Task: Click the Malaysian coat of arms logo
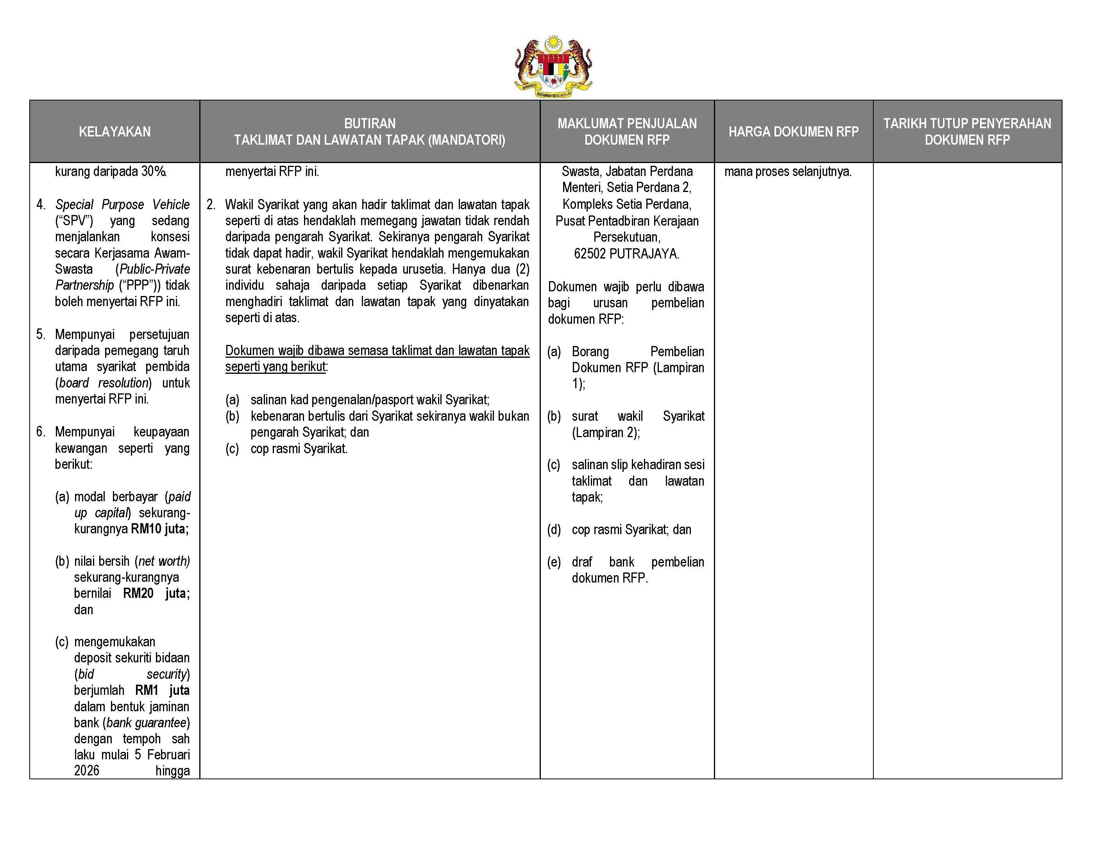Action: pyautogui.click(x=553, y=66)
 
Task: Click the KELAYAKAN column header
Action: pyautogui.click(x=115, y=131)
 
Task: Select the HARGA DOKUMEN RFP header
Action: pyautogui.click(x=793, y=131)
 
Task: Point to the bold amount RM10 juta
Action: pyautogui.click(x=159, y=529)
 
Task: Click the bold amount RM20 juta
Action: pyautogui.click(x=156, y=593)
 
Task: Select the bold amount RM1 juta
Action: pyautogui.click(x=162, y=690)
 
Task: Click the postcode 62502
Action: pyautogui.click(x=590, y=253)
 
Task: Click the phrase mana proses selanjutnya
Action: pyautogui.click(x=787, y=172)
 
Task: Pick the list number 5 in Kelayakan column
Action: pyautogui.click(x=40, y=334)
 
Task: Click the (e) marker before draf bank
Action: pyautogui.click(x=554, y=562)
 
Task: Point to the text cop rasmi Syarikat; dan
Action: pyautogui.click(x=631, y=529)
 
